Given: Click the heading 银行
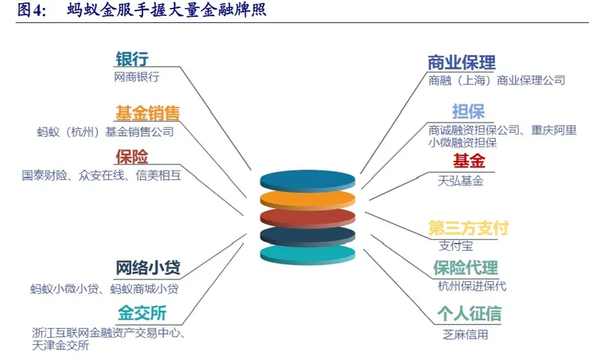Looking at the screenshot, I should click(x=132, y=60).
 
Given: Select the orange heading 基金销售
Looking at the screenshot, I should click(x=147, y=112).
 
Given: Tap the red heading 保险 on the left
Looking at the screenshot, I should click(x=131, y=157).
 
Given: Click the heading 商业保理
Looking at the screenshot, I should click(x=462, y=62).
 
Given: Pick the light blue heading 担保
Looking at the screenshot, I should click(x=468, y=112).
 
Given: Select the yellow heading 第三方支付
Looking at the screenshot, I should click(x=468, y=228).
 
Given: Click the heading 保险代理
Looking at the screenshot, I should click(x=466, y=268).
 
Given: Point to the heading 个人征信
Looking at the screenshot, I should click(x=469, y=314).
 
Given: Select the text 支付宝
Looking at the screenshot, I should click(x=455, y=245).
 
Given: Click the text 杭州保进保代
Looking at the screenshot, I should click(x=471, y=286).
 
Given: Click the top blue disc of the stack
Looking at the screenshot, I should click(x=307, y=181).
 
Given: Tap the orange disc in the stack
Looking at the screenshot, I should click(x=307, y=200).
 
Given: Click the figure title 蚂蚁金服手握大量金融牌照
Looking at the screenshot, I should click(x=166, y=10).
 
